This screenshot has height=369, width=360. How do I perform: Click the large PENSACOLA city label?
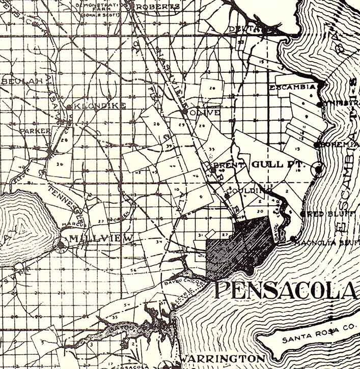click(x=285, y=290)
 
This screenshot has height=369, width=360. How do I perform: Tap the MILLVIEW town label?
click(x=102, y=238)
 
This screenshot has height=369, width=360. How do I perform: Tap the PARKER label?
click(x=35, y=131)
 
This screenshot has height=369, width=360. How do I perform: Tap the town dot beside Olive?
click(x=184, y=111)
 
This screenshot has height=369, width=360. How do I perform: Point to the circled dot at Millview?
click(x=62, y=245)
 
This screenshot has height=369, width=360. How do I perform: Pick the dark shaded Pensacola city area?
click(x=239, y=244)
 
